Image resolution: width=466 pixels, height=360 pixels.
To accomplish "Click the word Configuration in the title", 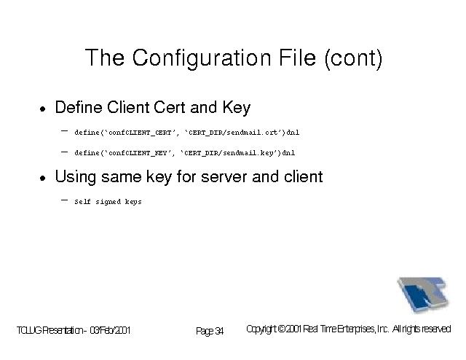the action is (x=202, y=58).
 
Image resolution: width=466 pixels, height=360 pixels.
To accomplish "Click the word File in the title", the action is (x=297, y=58).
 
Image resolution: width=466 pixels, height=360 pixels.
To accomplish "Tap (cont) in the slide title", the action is (x=353, y=58).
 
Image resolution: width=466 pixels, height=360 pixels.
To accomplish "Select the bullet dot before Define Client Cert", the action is (x=43, y=109).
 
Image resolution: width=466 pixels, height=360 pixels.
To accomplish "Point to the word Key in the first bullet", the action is (x=237, y=108).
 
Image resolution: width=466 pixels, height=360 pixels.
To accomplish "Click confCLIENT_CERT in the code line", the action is (x=140, y=133).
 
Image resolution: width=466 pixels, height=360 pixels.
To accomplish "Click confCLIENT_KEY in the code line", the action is (x=138, y=153).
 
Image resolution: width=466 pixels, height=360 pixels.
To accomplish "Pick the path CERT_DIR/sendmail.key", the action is (x=229, y=153).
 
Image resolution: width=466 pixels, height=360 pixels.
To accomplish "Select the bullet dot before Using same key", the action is (x=43, y=178).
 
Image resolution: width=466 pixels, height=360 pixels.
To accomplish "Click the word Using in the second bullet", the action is (x=76, y=177).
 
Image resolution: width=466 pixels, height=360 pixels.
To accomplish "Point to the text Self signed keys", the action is (x=108, y=202).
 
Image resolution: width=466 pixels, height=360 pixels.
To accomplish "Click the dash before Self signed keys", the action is (x=64, y=200).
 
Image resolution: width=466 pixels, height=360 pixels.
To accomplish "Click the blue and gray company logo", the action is (x=422, y=294).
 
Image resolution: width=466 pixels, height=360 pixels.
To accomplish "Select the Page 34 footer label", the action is (x=210, y=331).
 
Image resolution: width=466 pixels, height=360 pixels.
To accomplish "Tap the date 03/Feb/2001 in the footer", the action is (x=110, y=330).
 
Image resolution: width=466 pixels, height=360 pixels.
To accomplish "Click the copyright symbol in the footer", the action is (x=282, y=329).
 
